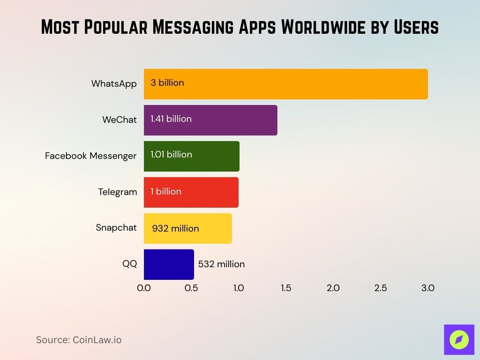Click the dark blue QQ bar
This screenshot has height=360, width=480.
[169, 264]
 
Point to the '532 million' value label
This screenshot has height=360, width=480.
[221, 264]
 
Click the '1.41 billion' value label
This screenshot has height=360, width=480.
[171, 119]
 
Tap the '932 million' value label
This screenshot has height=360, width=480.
[176, 229]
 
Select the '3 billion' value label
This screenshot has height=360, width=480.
[167, 83]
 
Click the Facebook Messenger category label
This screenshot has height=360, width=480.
[90, 156]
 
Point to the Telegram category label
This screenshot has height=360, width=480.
[118, 192]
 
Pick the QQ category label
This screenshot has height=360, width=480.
[130, 264]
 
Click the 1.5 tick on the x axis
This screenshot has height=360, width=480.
[286, 288]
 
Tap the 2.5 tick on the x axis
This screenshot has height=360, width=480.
[381, 288]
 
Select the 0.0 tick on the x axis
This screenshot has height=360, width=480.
[144, 288]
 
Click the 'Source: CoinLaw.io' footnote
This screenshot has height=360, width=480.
[79, 340]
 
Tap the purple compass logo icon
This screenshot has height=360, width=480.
[459, 339]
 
